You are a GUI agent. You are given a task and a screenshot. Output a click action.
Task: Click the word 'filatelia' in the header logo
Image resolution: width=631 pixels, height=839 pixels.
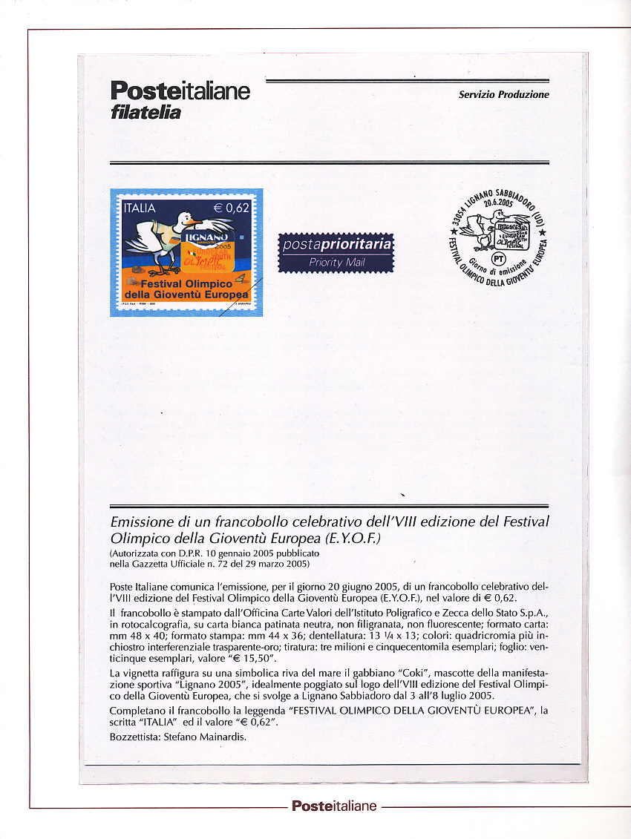click(x=146, y=113)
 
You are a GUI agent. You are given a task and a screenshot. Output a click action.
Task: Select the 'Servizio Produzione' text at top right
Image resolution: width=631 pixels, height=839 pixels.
click(x=503, y=95)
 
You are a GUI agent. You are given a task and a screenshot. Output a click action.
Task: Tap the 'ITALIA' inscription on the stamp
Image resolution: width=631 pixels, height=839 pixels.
click(x=140, y=208)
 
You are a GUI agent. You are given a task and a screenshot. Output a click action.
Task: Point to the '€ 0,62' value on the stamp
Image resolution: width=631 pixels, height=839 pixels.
click(x=232, y=208)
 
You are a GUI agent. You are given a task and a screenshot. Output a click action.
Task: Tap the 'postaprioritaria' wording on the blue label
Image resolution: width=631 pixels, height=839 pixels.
click(x=336, y=246)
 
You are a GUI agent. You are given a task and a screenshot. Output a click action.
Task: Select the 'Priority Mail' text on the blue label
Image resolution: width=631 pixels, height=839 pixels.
click(x=336, y=263)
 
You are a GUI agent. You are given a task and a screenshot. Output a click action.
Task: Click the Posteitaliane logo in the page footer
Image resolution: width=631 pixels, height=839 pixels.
click(x=333, y=806)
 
